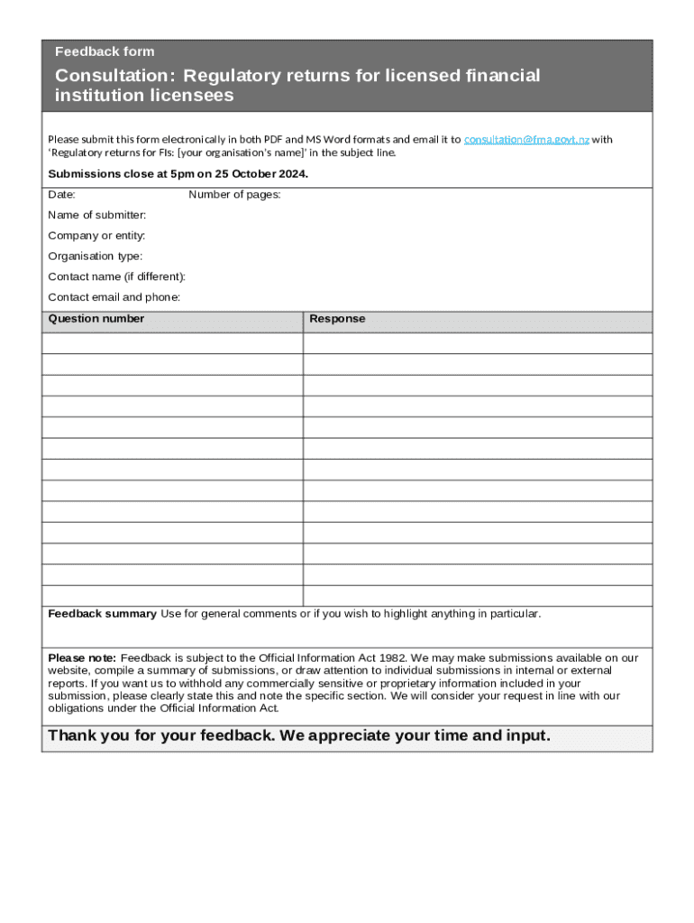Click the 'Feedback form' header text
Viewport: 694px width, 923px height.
105,51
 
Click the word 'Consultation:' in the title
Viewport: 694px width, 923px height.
114,76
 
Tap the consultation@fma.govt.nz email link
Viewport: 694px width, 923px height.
526,140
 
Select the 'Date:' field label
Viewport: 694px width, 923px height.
61,195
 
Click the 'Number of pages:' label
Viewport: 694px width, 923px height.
234,195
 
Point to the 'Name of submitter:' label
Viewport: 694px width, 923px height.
97,215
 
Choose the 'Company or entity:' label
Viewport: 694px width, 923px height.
96,236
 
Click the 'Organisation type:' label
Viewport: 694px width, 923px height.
95,257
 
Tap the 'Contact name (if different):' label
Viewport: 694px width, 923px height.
116,277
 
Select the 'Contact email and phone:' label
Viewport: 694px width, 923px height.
114,297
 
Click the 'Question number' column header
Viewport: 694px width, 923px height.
96,319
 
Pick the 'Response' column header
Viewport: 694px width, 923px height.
337,319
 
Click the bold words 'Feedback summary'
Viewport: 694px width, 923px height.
102,614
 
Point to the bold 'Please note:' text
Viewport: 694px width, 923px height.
82,658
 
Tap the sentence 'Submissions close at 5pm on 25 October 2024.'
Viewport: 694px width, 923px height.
178,174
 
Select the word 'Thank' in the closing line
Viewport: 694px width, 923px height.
72,736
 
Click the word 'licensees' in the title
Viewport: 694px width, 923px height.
193,96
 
